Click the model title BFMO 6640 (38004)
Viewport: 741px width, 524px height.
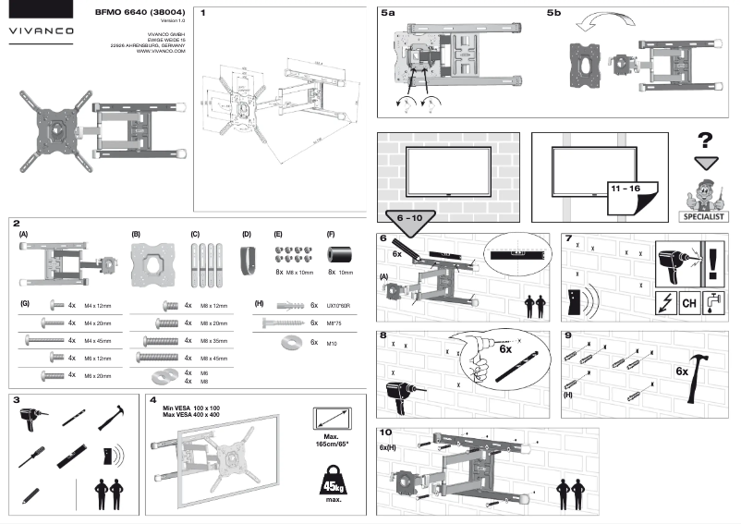point(138,12)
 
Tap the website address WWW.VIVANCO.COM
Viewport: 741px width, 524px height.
point(162,52)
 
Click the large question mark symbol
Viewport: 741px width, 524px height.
point(705,141)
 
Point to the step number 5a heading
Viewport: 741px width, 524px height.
point(388,14)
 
